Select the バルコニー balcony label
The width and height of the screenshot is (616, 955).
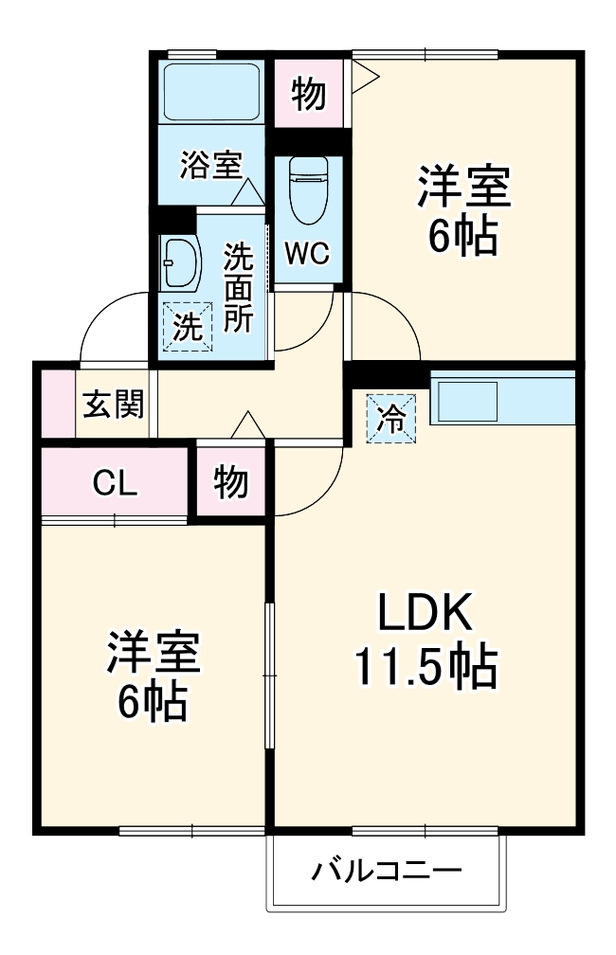(x=388, y=871)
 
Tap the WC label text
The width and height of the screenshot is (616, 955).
(x=307, y=253)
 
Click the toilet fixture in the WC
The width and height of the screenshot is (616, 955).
(x=308, y=189)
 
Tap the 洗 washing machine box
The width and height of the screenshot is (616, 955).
(x=187, y=327)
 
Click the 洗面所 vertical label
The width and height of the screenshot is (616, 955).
(x=238, y=287)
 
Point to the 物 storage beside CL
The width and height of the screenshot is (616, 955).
(x=231, y=482)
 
